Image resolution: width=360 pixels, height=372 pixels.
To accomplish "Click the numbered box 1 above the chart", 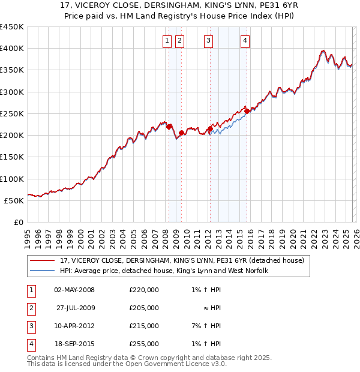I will pos(166,41).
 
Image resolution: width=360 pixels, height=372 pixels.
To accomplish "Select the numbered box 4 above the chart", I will pos(245,41).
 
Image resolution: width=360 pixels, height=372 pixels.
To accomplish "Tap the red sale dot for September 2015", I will pos(247,111).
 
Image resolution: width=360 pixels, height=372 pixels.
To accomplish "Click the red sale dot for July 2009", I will pos(181,133).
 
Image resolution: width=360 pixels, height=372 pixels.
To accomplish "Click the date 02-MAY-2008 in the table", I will pos(74,290).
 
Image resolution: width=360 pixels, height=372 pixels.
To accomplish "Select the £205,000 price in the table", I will pos(144,308).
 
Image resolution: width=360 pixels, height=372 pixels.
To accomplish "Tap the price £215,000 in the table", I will pos(144,326).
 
